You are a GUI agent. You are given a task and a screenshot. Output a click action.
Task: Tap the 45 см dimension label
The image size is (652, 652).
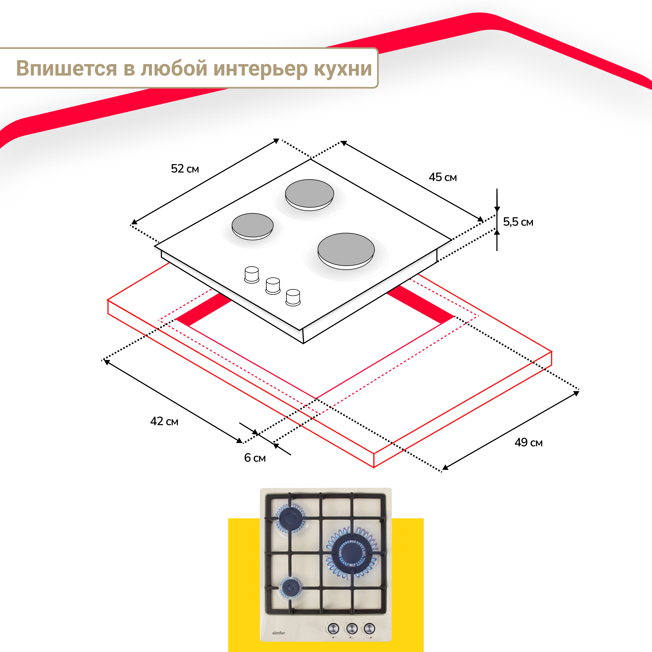coord(443,177)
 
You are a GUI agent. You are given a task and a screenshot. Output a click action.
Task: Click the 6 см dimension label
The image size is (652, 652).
coord(255,458)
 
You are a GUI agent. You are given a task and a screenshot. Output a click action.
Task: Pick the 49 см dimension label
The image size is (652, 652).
coord(528,443)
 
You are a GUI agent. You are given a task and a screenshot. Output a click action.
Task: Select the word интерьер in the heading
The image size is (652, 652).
coord(261,69)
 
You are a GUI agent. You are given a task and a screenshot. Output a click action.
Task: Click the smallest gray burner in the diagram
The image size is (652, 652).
coord(252,225)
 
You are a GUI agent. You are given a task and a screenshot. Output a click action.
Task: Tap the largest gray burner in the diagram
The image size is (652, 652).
coord(346,250)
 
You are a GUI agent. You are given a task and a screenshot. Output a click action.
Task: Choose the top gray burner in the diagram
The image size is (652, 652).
coord(309,194)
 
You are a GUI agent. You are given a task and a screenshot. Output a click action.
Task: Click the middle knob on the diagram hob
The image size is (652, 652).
coord(273,285)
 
